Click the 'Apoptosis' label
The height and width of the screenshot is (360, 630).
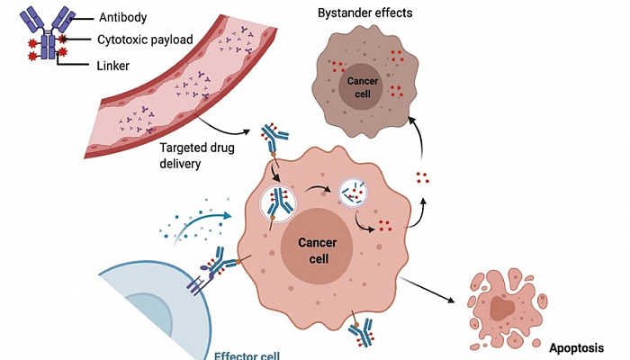point(576,346)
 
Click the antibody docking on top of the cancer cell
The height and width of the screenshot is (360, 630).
point(274,139)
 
